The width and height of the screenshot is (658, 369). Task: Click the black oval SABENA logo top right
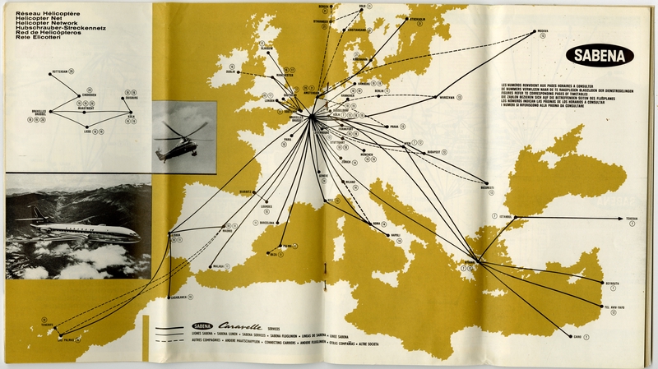pos(599,56)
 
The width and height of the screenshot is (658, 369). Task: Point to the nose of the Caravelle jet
pos(137,233)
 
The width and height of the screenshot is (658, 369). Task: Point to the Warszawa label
pos(447,96)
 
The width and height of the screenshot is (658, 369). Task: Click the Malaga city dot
pos(234,266)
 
